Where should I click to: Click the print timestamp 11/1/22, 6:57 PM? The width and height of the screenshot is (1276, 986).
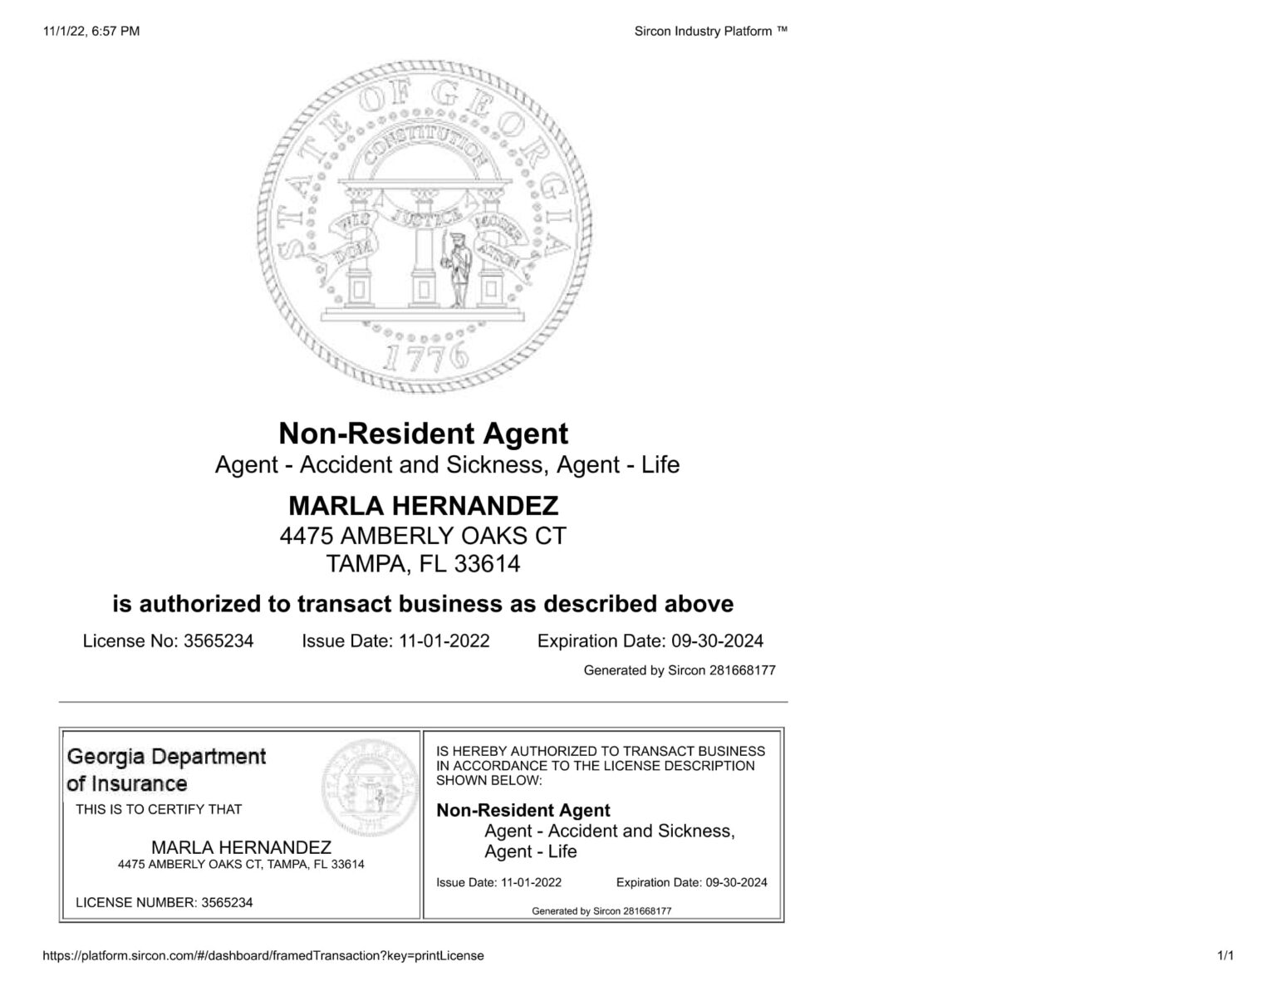click(91, 32)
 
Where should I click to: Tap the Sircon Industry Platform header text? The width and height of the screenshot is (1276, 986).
click(710, 32)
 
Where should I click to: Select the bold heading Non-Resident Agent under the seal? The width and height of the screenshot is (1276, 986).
click(423, 434)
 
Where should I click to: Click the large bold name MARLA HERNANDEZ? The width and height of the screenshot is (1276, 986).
click(423, 506)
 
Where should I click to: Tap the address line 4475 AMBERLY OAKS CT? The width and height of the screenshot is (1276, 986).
click(423, 536)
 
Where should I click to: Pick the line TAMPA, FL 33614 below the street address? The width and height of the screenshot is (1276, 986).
click(423, 564)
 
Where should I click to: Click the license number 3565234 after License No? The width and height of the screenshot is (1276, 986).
click(218, 641)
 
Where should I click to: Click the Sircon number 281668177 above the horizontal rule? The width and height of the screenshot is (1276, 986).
click(742, 670)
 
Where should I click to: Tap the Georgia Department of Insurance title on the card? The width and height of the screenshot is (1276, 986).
click(166, 770)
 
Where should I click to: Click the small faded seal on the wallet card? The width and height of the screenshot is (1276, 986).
click(371, 786)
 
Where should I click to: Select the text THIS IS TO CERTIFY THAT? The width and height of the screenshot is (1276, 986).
click(159, 809)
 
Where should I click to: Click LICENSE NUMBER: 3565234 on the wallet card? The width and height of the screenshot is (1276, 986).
click(164, 902)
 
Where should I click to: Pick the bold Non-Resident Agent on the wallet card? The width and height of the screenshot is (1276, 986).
click(523, 810)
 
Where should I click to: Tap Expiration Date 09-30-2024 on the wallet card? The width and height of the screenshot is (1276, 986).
click(691, 882)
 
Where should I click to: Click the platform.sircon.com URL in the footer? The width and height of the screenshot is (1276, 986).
click(263, 955)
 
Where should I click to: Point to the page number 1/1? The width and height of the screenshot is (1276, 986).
click(1224, 955)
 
